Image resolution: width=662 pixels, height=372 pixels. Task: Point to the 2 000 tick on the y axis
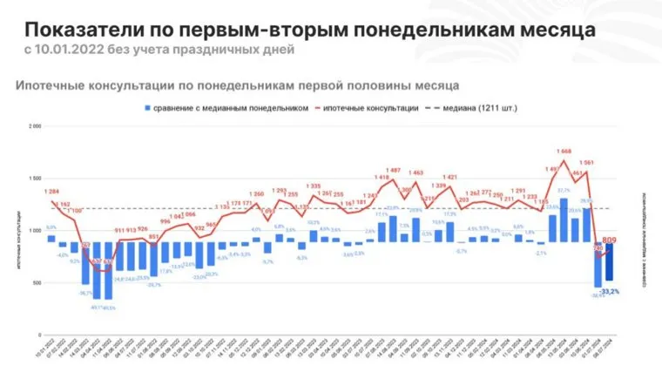coord(35,126)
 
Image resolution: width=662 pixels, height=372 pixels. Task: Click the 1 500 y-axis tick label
coord(35,179)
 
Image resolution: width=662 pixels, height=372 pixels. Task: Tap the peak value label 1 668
coord(564,151)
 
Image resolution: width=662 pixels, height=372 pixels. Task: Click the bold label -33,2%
coord(610,291)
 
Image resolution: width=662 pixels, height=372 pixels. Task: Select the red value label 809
coord(609,239)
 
